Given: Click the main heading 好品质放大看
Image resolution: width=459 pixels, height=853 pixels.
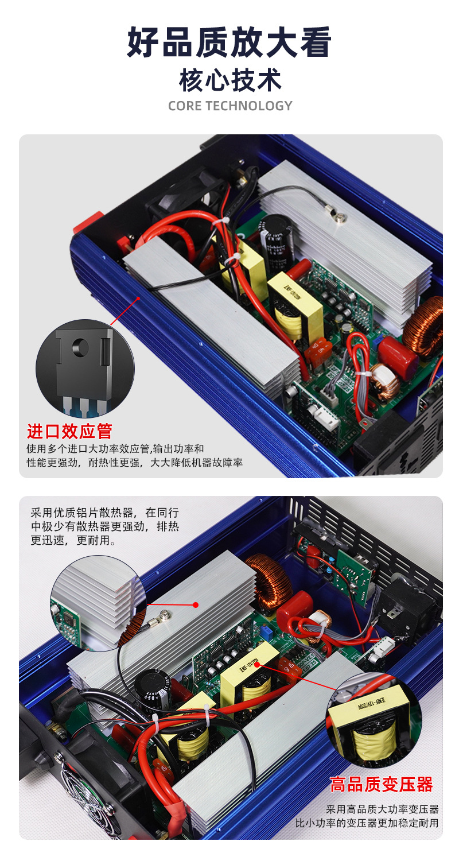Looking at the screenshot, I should point(229,43).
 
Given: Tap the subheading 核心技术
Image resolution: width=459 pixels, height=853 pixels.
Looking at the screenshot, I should point(229,80).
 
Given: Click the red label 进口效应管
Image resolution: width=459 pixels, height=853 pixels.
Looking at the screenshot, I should point(69,431).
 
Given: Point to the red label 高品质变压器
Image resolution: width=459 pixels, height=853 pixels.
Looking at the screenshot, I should point(381,784).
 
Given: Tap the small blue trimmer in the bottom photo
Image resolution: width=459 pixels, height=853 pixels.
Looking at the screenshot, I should point(266,631).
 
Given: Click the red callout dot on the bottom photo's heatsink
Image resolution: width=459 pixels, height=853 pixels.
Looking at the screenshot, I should point(196,604).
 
